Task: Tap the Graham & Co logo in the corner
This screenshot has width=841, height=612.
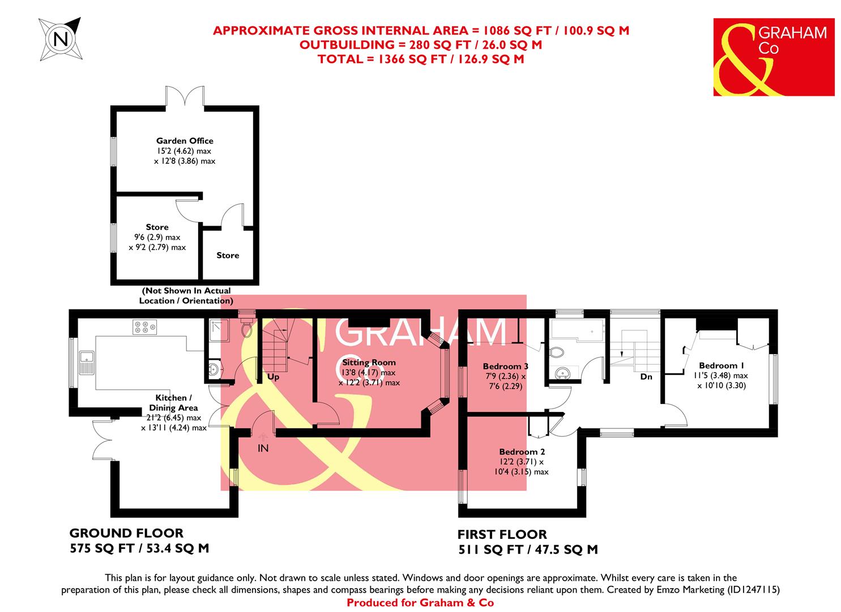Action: (x=774, y=57)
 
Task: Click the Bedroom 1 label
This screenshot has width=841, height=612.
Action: (x=718, y=365)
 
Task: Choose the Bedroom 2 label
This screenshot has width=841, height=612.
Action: (x=522, y=452)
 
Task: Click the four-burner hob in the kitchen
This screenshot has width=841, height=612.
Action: (x=144, y=327)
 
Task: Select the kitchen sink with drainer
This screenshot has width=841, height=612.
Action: (x=87, y=363)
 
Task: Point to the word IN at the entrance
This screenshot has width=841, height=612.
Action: (x=263, y=448)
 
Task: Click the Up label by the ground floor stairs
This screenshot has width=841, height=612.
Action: (x=274, y=377)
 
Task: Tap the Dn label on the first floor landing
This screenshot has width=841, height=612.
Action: (x=646, y=376)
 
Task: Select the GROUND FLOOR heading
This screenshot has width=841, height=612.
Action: (x=126, y=533)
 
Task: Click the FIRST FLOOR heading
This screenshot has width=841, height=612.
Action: (x=502, y=534)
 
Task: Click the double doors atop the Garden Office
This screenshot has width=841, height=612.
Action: (x=185, y=96)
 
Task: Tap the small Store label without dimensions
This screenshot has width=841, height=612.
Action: (x=228, y=256)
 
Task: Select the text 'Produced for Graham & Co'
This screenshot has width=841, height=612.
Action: (x=420, y=603)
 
